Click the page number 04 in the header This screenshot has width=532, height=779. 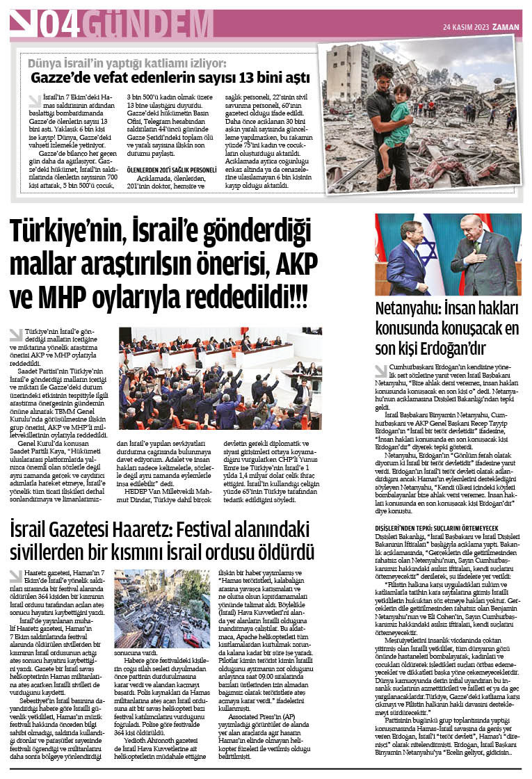tap(59, 24)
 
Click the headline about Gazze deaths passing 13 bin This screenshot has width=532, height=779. tap(170, 77)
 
